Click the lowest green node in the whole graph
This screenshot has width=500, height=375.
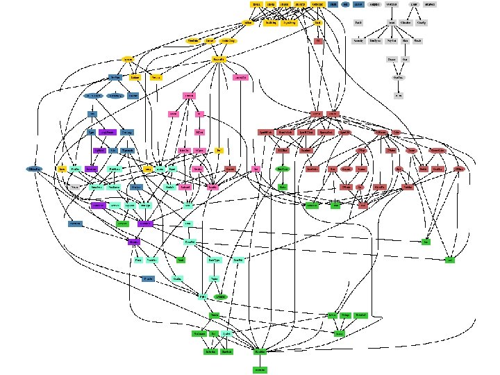click(260, 369)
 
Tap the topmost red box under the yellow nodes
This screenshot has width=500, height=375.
click(319, 41)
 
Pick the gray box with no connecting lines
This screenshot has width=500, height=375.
click(358, 23)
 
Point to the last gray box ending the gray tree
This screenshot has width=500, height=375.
click(398, 95)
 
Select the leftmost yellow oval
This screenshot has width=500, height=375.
click(128, 59)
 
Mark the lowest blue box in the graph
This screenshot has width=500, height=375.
click(147, 278)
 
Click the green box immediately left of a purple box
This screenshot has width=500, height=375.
click(122, 224)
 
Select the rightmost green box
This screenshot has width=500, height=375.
click(450, 260)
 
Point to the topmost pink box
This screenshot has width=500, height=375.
click(189, 95)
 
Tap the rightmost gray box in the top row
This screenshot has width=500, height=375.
click(431, 5)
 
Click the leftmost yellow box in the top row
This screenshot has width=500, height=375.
click(256, 5)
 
